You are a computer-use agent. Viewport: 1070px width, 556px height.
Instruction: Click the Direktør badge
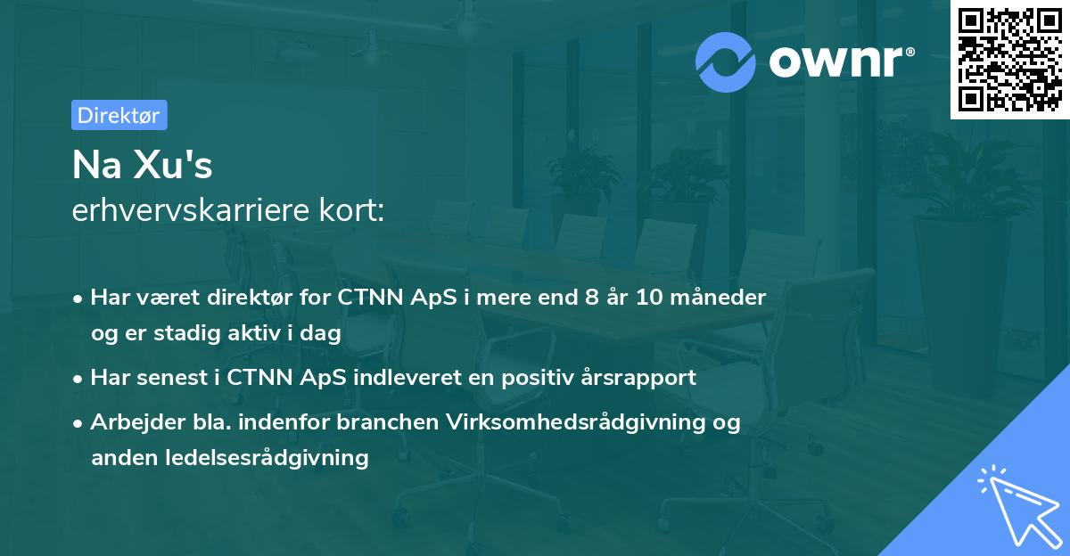coord(119,115)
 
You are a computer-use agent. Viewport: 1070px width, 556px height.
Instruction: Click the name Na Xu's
coord(142,166)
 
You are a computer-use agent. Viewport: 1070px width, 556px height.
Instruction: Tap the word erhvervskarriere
coord(191,211)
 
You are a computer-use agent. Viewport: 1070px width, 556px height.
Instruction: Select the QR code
coord(1008,60)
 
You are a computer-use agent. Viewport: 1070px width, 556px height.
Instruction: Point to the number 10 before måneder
coord(649,297)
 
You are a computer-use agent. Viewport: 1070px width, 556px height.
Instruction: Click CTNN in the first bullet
coord(367,297)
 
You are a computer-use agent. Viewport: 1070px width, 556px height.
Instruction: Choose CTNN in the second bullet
coord(257,377)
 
